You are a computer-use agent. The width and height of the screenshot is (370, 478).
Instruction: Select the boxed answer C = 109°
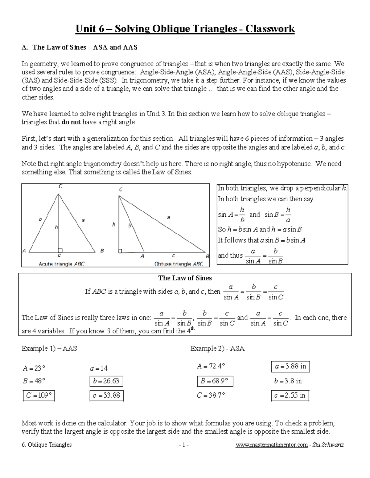(39, 396)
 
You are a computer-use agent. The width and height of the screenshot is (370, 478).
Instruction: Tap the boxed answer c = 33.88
(106, 396)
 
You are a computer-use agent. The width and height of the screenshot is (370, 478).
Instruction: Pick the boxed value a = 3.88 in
(290, 367)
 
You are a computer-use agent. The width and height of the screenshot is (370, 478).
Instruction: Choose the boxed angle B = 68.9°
(215, 381)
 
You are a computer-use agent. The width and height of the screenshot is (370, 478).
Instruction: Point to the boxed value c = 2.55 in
(290, 396)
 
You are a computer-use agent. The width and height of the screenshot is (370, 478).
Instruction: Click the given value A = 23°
(34, 368)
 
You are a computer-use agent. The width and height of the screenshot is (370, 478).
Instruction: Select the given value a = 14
(99, 368)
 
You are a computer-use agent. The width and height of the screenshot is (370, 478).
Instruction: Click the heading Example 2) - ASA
(217, 348)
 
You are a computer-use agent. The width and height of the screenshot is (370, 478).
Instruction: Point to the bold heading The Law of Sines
(185, 278)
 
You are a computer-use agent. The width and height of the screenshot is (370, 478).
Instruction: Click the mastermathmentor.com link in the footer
(271, 445)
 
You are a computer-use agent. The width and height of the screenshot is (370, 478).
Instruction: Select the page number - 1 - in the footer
(184, 445)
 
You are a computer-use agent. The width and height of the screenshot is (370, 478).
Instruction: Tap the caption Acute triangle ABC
(61, 264)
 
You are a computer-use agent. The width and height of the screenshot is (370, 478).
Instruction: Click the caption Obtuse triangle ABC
(179, 264)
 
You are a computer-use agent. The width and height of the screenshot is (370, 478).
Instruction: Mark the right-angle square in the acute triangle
(60, 251)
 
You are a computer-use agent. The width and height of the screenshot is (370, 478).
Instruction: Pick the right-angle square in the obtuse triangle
(121, 251)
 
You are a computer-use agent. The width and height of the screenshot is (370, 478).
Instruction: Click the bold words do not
(71, 122)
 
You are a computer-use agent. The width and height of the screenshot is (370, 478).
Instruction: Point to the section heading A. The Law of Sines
(80, 47)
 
